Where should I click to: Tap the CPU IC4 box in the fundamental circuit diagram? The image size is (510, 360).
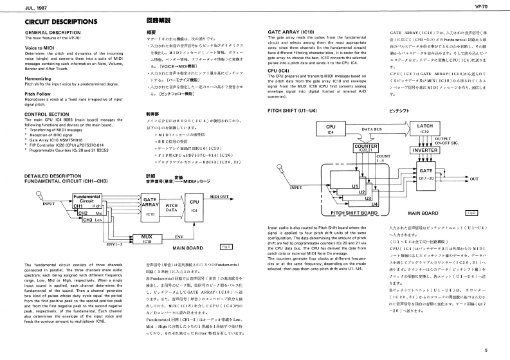[194, 206]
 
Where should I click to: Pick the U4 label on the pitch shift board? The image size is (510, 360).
[376, 204]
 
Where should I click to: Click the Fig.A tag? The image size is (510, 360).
[225, 247]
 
